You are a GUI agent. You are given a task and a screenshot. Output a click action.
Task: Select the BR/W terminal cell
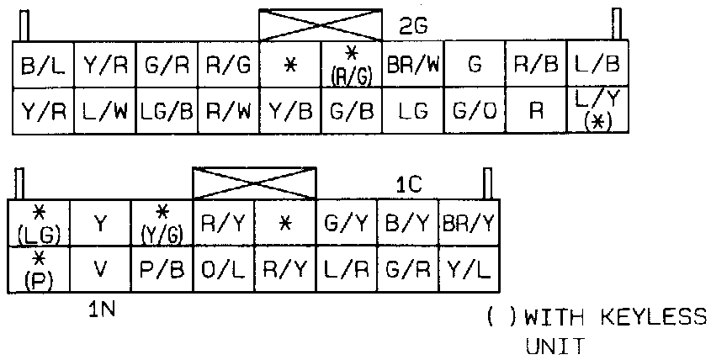point(412,64)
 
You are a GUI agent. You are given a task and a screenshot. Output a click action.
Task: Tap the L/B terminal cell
point(598,64)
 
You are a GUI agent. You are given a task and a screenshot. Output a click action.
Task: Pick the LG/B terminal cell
point(166,109)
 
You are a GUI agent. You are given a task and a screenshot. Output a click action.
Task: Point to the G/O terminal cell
point(475,109)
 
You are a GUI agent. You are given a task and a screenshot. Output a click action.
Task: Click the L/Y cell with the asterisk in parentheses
point(598,109)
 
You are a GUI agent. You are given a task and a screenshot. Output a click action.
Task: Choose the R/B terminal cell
point(536,64)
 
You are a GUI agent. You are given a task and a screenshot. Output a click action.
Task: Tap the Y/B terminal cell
point(289,109)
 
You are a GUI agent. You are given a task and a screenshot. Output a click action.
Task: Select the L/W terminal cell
point(103,109)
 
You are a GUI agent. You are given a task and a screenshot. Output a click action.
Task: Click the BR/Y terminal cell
point(470,223)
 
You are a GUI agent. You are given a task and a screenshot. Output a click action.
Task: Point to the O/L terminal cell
point(223,268)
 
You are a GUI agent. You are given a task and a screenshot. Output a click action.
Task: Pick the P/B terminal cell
point(162,268)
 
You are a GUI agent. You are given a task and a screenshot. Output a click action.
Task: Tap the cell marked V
point(101,268)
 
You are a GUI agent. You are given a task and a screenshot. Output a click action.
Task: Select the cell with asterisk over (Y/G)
point(162,223)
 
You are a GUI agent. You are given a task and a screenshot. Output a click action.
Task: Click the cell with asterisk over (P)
point(39,268)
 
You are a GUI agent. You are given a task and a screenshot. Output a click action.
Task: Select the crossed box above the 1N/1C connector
point(254,182)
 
